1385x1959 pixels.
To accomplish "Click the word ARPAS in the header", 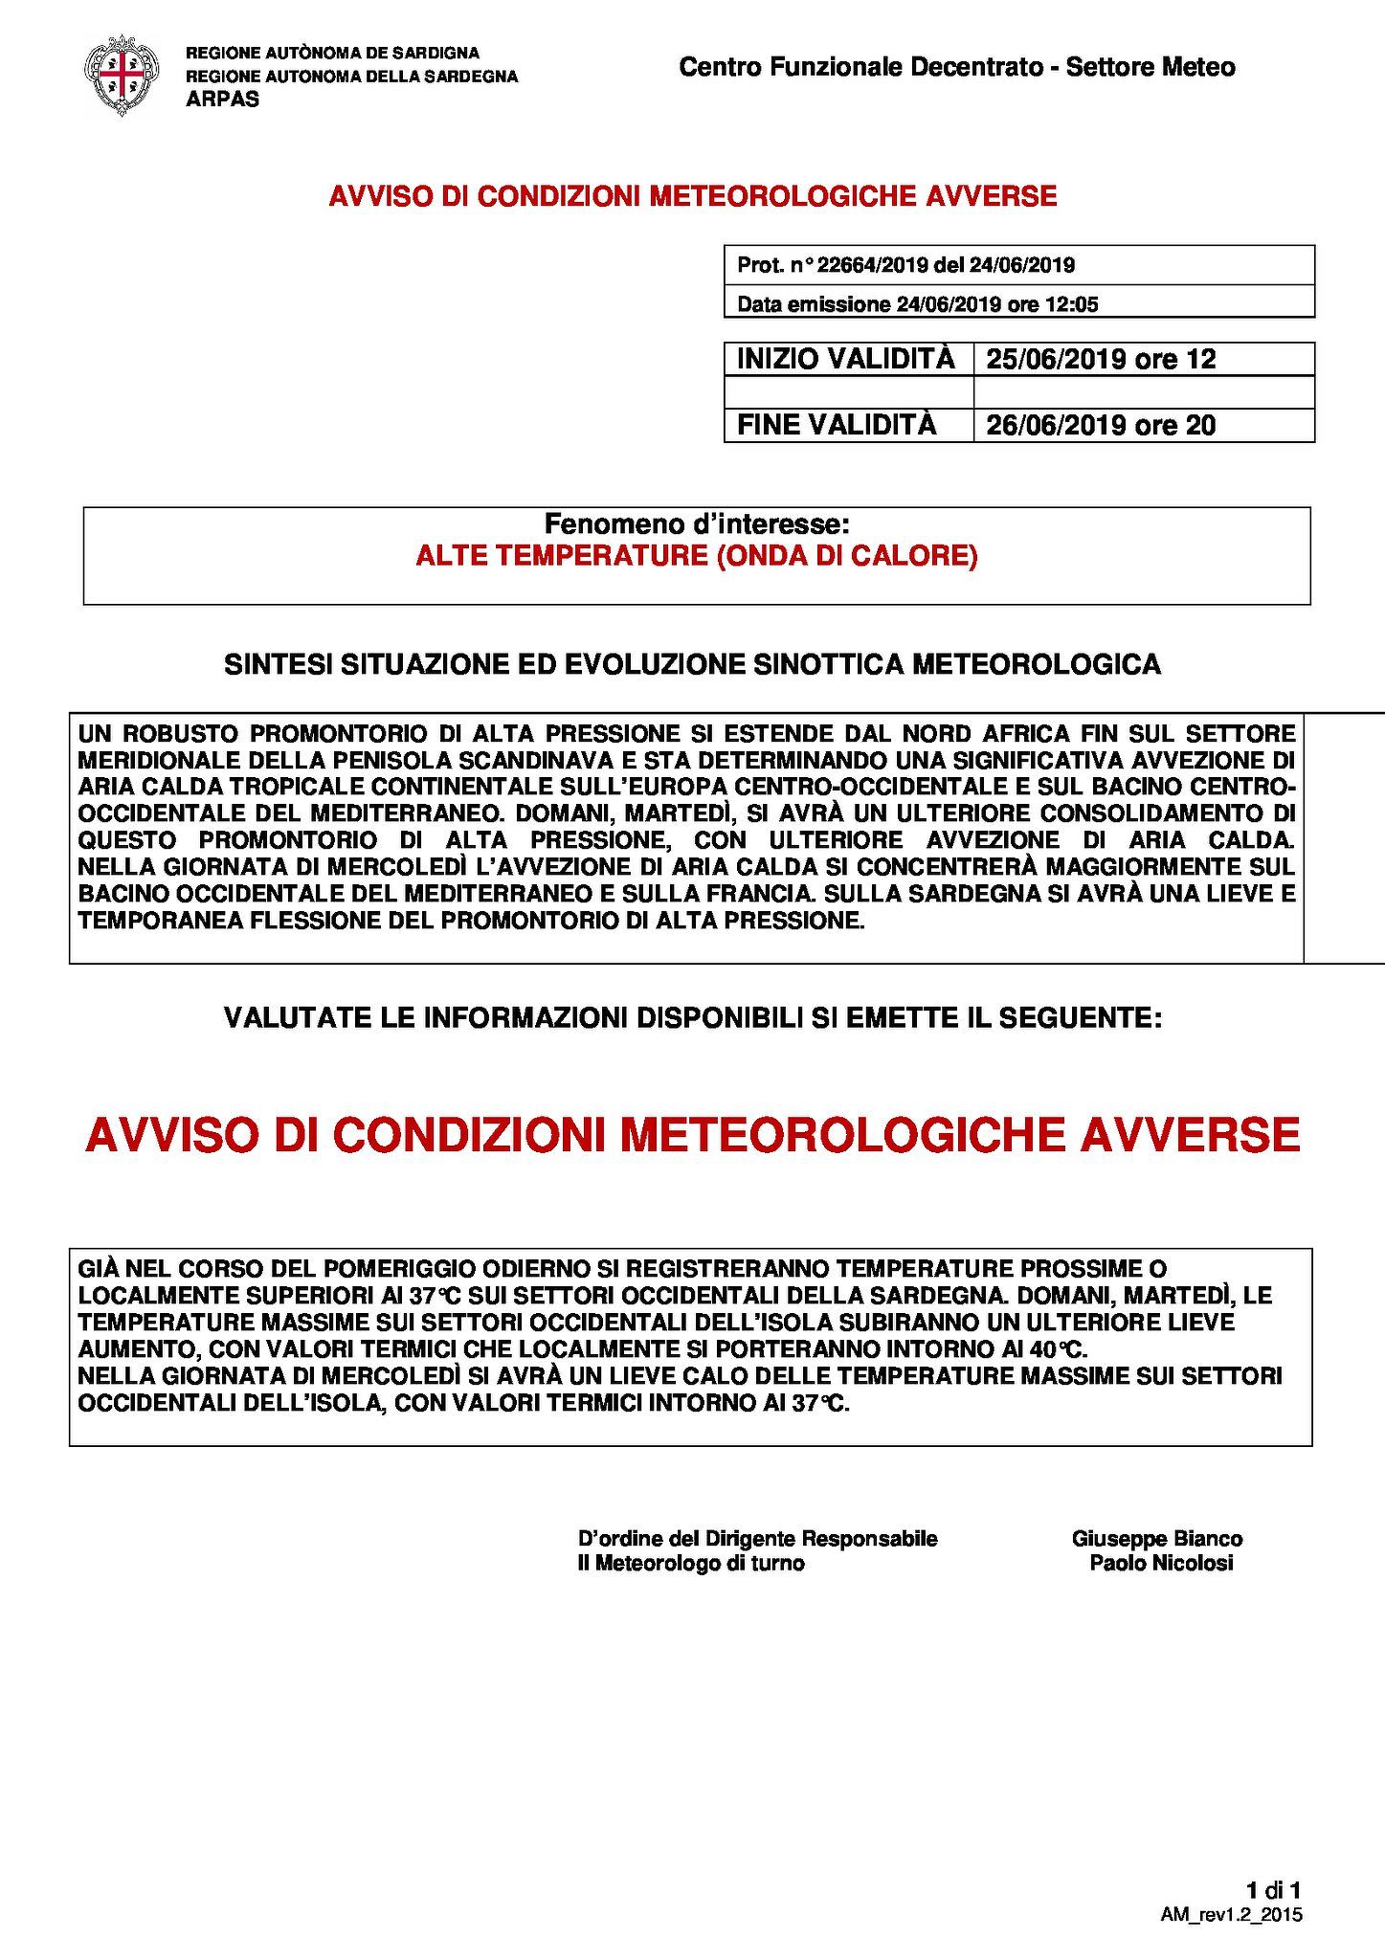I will (222, 100).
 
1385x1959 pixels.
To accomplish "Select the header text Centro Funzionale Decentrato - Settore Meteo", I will (956, 67).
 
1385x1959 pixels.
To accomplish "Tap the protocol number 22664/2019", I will (879, 265).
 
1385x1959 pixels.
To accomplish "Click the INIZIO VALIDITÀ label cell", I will (846, 359).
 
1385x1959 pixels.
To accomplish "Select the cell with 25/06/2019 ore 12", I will (1101, 359).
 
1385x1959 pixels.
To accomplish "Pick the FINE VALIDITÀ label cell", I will (837, 424).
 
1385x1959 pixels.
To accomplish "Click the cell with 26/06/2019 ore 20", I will (1101, 424).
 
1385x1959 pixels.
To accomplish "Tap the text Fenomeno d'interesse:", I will (696, 523).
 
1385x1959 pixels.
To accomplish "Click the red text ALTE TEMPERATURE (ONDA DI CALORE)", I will (696, 556).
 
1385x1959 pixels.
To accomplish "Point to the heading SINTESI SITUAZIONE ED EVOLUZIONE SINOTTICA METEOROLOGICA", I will (692, 664).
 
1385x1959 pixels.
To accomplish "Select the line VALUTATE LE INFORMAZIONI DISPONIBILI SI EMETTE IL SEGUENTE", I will (692, 1017).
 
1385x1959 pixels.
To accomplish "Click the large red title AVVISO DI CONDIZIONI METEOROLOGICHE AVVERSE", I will (692, 1136).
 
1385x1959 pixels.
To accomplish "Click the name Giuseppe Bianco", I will (1157, 1539).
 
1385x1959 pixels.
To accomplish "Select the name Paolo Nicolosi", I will (1161, 1563).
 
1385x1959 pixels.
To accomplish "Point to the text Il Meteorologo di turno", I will (691, 1563).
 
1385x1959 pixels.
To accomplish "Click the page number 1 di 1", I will (1273, 1890).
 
